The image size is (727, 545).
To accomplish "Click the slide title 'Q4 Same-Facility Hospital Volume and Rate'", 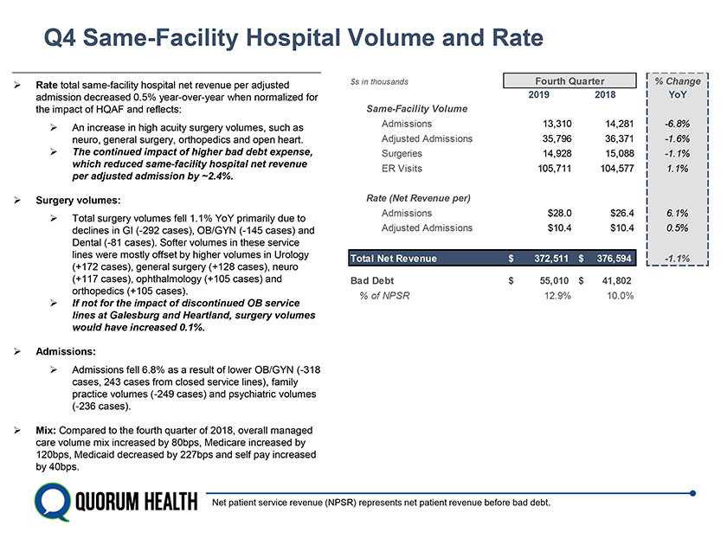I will tap(294, 39).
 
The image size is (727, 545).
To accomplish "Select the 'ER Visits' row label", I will tap(402, 168).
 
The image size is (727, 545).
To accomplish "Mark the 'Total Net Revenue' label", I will tap(393, 258).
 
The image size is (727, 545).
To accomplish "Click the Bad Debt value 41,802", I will tap(614, 281).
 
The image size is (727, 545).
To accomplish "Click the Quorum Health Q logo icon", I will tap(51, 502).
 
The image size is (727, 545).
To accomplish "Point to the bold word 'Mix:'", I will tap(48, 430).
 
